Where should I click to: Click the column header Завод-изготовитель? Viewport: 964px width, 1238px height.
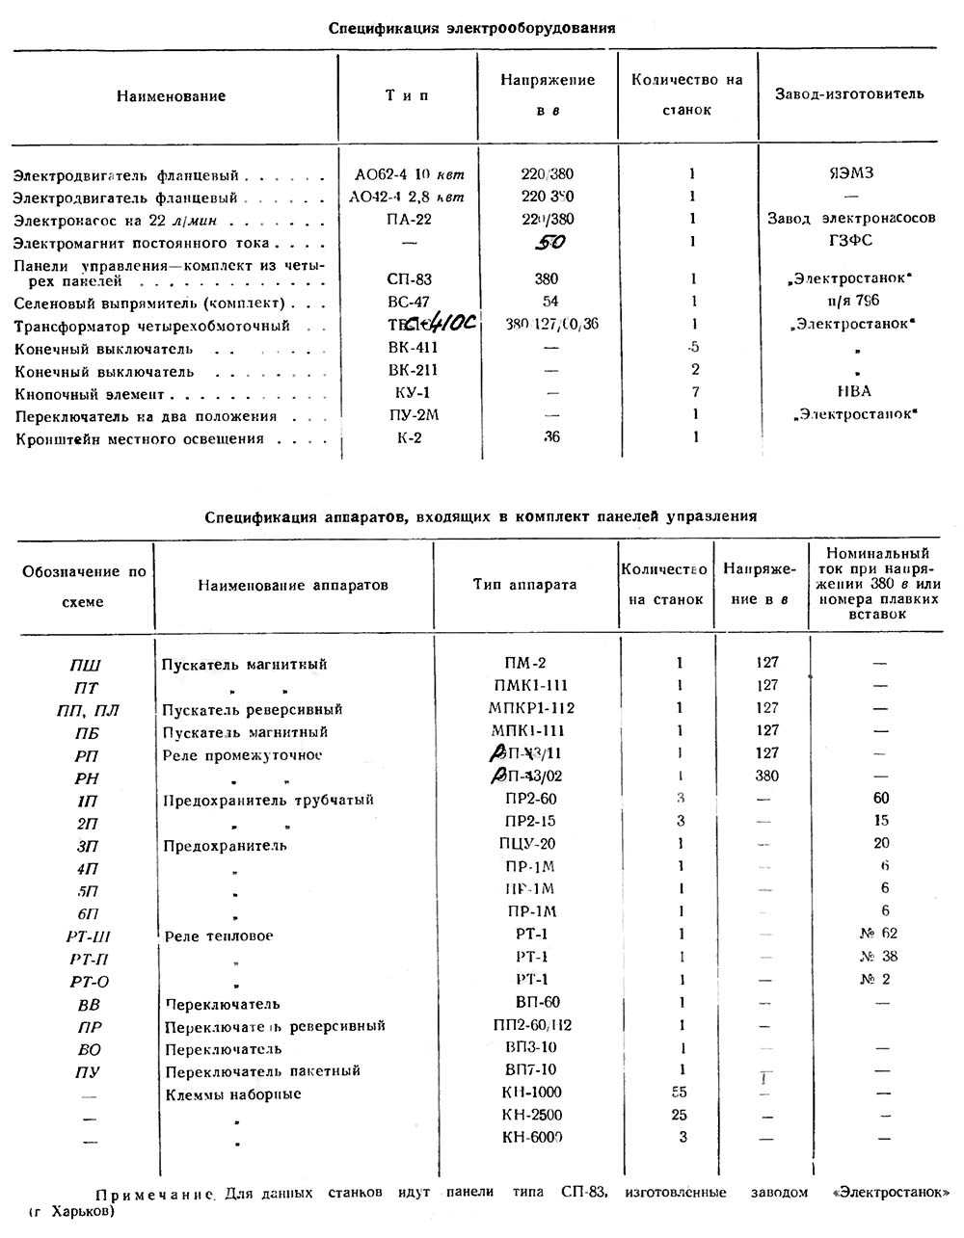849,94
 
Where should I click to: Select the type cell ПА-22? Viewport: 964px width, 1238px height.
409,220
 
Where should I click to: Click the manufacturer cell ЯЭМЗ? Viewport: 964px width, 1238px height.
850,174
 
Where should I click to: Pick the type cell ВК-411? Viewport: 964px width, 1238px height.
412,349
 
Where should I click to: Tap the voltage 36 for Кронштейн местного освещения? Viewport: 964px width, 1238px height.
550,437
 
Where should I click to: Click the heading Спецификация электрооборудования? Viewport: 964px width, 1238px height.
471,28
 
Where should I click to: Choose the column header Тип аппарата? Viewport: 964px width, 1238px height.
524,585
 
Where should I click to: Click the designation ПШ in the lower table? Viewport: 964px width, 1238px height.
85,666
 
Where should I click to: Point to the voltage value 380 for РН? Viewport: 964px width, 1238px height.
767,777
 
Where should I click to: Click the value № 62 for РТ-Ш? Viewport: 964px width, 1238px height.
878,934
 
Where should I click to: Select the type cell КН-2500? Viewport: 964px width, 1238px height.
531,1116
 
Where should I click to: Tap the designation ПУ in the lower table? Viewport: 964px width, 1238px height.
88,1072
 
